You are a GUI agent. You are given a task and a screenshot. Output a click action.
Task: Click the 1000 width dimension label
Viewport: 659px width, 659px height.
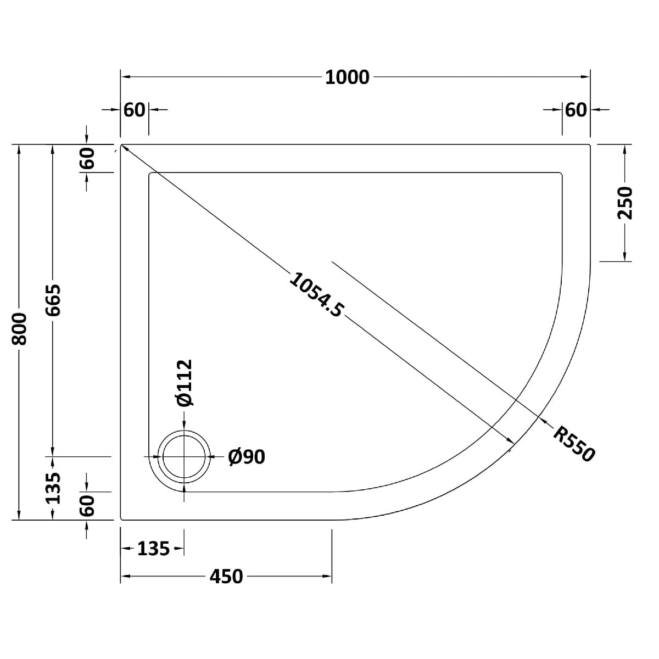click(x=347, y=77)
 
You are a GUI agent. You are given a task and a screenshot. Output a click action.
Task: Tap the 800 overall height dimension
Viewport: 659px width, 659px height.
click(x=19, y=328)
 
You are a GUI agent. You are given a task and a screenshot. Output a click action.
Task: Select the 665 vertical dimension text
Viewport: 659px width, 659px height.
click(x=53, y=300)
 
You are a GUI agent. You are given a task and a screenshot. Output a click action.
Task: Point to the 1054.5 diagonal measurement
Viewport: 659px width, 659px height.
click(x=315, y=294)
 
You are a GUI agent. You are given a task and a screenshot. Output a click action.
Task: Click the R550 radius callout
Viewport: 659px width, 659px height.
click(x=574, y=444)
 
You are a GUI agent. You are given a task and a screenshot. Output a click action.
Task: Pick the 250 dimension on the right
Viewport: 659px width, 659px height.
click(x=625, y=203)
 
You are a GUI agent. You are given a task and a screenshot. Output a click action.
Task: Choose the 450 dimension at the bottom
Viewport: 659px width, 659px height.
click(x=226, y=576)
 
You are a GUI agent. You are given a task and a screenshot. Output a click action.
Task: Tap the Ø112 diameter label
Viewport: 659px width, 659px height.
click(x=185, y=383)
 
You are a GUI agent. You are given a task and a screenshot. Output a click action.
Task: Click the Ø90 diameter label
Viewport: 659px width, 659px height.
click(x=247, y=457)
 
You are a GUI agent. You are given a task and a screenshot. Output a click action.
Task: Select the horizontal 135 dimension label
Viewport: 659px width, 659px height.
click(x=153, y=549)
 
